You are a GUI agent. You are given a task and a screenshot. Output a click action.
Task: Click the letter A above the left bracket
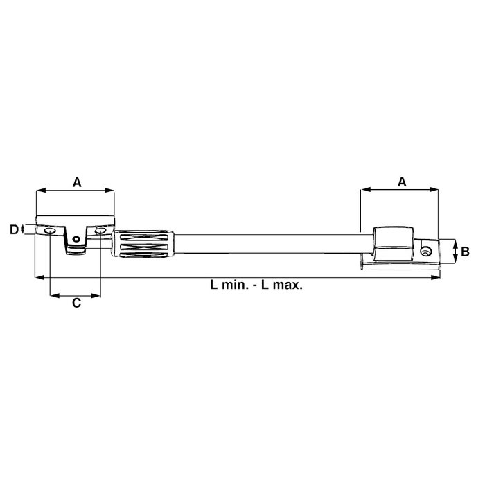point(77,182)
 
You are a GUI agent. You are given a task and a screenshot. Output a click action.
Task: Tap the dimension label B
point(466,252)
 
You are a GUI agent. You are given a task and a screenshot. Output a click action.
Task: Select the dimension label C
point(77,303)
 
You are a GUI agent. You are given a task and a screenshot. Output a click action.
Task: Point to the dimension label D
point(13,229)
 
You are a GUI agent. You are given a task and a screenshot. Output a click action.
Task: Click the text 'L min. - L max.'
point(256,284)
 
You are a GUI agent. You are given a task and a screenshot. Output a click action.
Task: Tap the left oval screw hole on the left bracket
point(50,230)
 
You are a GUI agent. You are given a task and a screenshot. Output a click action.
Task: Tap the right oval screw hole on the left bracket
point(101,230)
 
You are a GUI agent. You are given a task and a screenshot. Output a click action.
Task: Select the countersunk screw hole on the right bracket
point(426,250)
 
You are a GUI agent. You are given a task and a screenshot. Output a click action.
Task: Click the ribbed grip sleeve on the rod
point(145,245)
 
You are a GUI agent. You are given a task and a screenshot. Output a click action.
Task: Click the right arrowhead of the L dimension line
point(436,277)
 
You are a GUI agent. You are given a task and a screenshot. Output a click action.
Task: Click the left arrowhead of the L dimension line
point(39,277)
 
